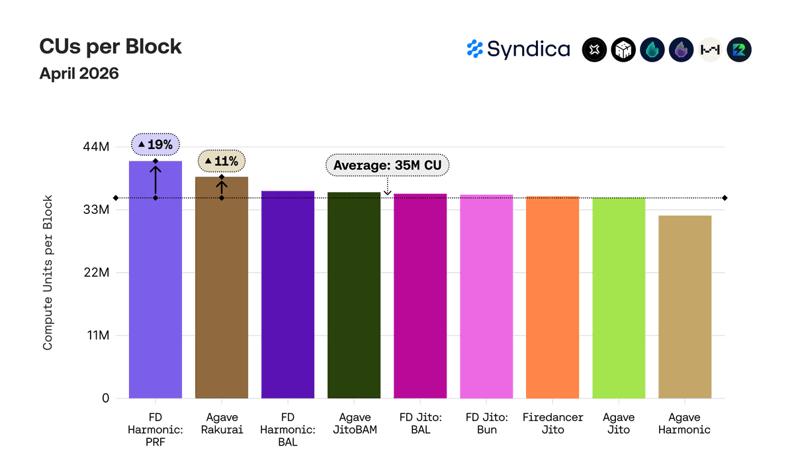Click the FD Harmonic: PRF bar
(x=155, y=279)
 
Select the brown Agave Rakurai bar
(x=222, y=287)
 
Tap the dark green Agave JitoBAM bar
(x=354, y=295)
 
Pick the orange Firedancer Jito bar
(x=552, y=297)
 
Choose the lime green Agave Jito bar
(x=619, y=298)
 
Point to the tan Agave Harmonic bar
(x=685, y=307)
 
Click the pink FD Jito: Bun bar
(x=486, y=297)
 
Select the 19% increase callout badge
(x=155, y=144)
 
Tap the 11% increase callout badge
(x=222, y=161)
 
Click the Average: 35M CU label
(x=388, y=165)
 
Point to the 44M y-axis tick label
(x=96, y=146)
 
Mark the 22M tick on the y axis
(x=97, y=272)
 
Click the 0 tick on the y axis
(x=106, y=399)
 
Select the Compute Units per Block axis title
(x=48, y=272)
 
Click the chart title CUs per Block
(x=110, y=46)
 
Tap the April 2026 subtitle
(x=79, y=73)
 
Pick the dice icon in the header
(x=623, y=50)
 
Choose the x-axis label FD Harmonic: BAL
(x=288, y=430)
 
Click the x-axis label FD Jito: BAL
(x=420, y=424)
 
